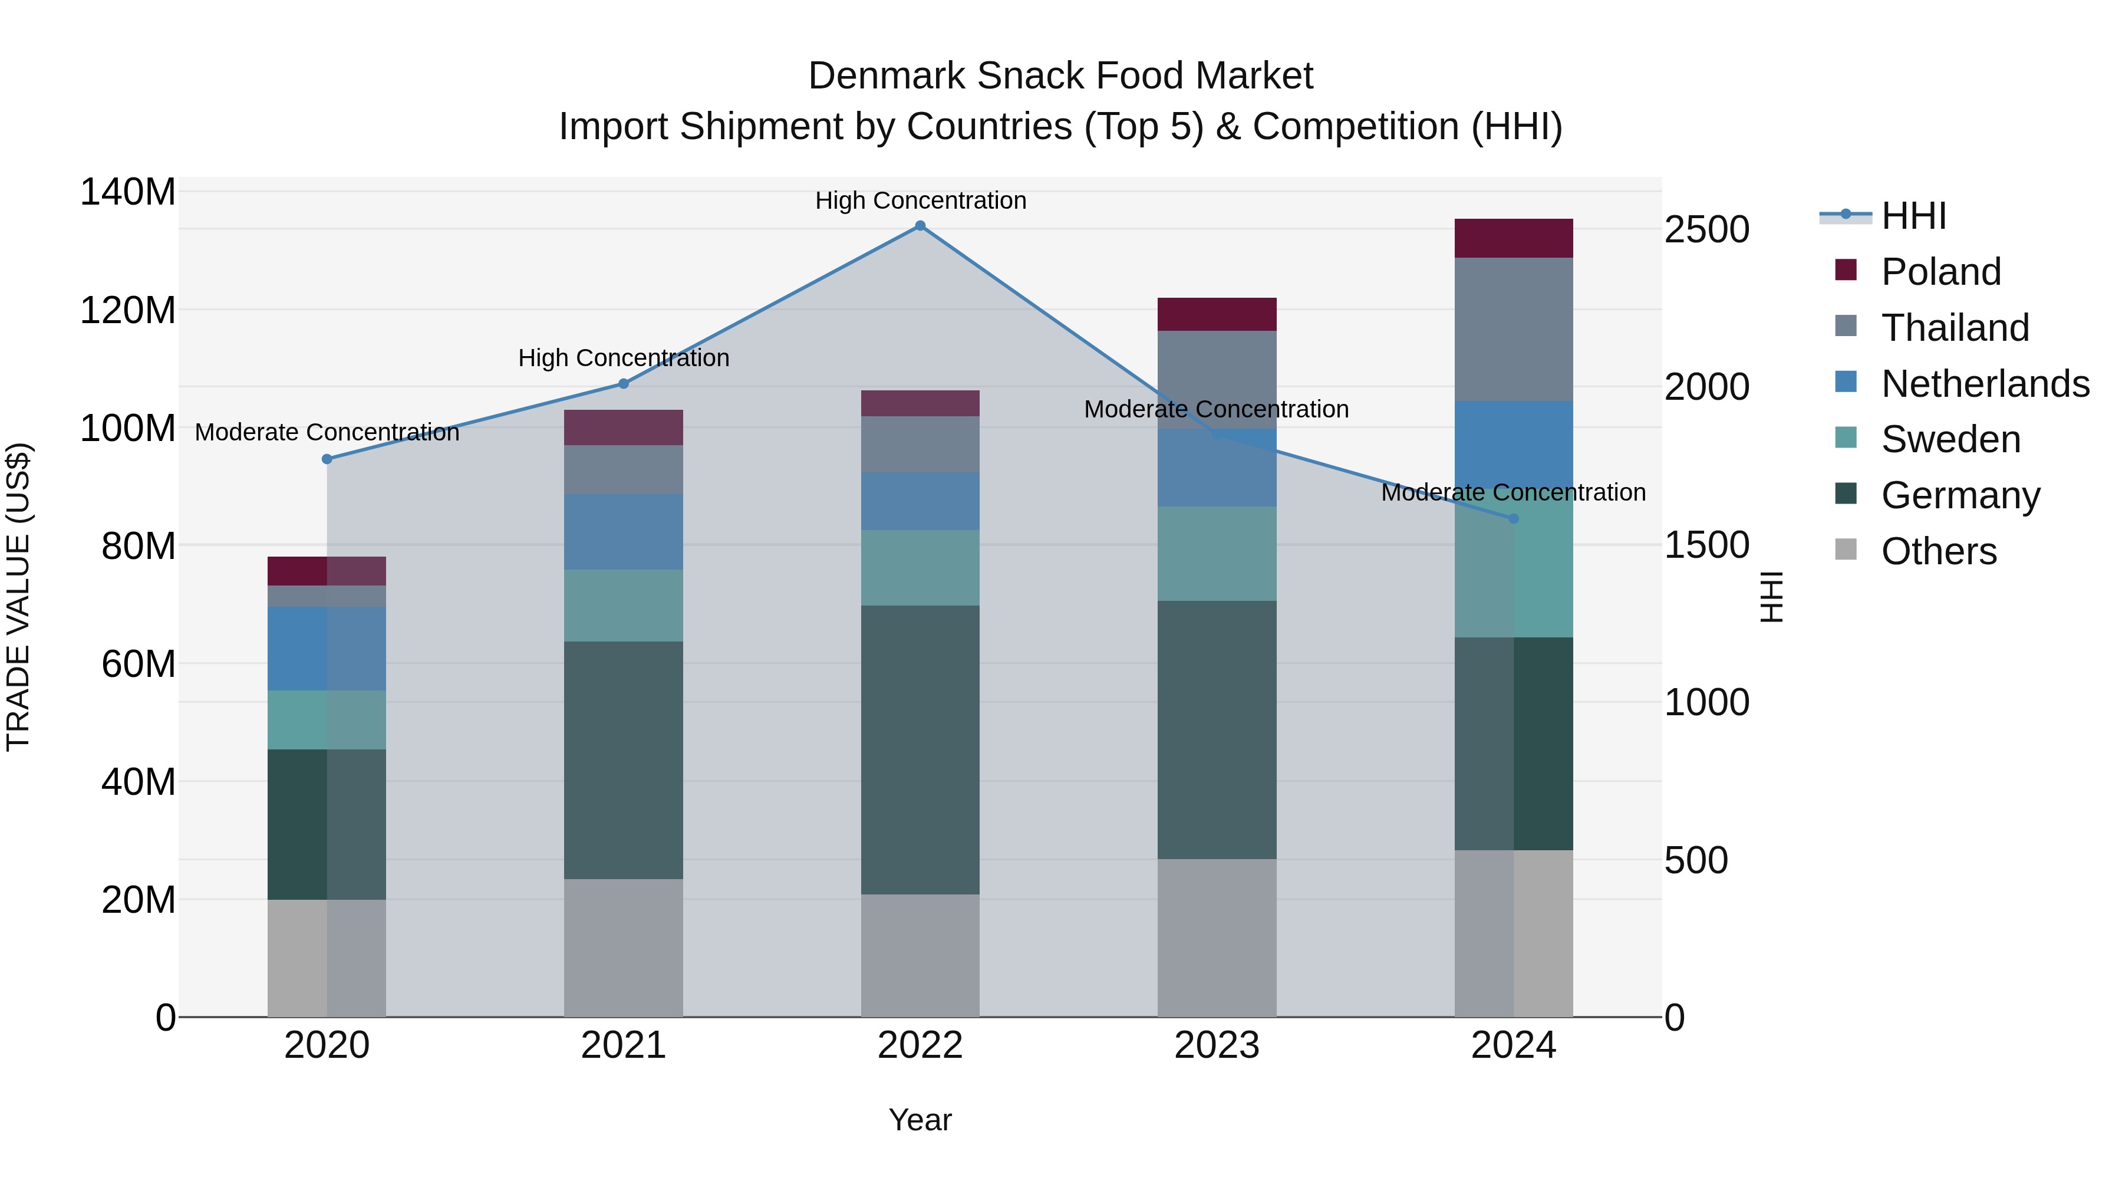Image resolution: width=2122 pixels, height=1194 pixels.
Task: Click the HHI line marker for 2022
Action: pos(920,226)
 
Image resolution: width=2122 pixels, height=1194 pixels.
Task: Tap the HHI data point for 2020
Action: pos(327,459)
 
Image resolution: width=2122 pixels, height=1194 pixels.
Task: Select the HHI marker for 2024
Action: pos(1513,518)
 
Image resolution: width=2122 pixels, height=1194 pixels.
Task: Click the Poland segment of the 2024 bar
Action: pos(1513,238)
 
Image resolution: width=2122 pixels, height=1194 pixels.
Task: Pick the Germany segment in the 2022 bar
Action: pos(920,750)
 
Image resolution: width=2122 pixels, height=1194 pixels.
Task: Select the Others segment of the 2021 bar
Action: pos(624,948)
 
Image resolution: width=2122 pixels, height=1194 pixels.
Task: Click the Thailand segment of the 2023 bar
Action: pos(1217,379)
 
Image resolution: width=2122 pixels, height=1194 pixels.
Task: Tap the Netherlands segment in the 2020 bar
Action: pos(327,649)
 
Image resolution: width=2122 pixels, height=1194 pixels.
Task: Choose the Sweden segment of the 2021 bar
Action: pos(624,606)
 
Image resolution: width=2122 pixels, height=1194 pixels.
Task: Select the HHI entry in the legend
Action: pos(1913,216)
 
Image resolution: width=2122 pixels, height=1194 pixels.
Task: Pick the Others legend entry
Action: pos(1938,551)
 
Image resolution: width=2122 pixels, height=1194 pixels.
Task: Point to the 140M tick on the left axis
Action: pos(128,192)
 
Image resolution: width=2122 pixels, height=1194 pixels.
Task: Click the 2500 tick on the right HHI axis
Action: pos(1706,230)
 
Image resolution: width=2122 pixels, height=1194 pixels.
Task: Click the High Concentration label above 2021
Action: pos(624,358)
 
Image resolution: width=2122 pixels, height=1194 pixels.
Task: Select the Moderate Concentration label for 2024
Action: pos(1513,493)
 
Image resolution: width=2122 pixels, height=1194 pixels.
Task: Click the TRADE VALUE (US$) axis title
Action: pos(19,597)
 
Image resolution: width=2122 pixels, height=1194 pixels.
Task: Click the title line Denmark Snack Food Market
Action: pos(1060,76)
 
